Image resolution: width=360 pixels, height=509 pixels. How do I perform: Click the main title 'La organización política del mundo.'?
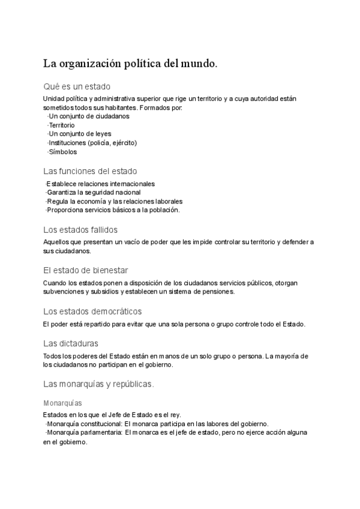point(130,63)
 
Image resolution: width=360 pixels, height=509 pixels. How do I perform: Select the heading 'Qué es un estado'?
point(77,86)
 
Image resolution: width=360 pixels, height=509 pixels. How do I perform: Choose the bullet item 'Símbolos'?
point(62,152)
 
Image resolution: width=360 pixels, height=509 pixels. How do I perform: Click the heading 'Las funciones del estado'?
point(90,171)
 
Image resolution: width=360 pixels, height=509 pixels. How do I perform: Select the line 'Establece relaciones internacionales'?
point(100,184)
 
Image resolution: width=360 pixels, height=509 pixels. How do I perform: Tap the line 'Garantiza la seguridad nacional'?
point(94,193)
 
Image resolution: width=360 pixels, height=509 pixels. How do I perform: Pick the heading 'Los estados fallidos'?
point(80,229)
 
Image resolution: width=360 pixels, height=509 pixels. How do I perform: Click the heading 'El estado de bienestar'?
point(86,270)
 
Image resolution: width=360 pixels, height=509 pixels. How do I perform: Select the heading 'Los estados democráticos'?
point(92,311)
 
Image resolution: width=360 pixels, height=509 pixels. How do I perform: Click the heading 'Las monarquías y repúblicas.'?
point(98,384)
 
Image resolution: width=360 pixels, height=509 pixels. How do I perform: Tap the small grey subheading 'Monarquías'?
point(62,403)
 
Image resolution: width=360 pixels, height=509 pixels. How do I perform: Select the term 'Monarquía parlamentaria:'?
point(84,433)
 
